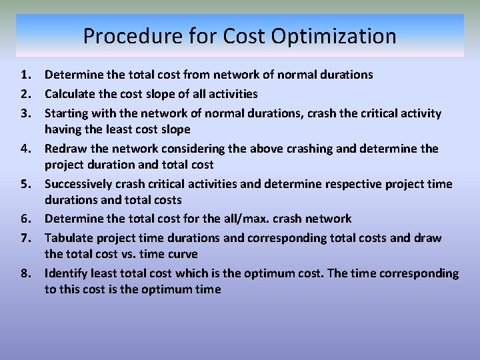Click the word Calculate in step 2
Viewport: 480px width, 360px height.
(71, 94)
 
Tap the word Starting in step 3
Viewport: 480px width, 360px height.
(67, 113)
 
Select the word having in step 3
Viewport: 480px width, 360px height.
(63, 129)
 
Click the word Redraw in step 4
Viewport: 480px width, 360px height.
(65, 148)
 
